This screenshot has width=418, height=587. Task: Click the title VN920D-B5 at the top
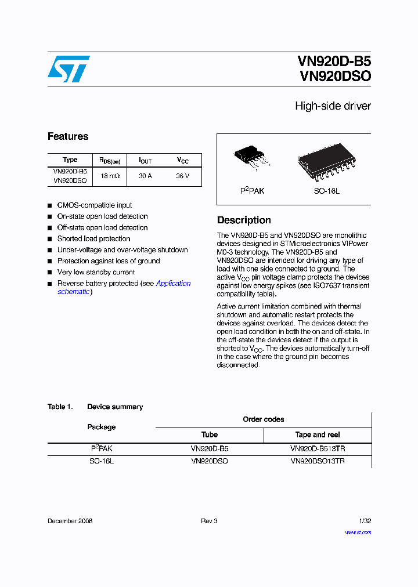tap(334, 61)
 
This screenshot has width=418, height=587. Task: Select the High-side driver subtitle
tap(333, 106)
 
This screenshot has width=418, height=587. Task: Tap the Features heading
tap(68, 136)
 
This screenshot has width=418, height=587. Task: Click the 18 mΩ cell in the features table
tap(110, 176)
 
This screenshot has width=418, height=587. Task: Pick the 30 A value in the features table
tap(145, 176)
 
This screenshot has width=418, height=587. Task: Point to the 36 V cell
tap(182, 176)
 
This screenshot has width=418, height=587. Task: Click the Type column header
tap(70, 160)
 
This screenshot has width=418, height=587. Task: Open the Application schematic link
tap(173, 284)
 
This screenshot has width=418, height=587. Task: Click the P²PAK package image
tap(252, 158)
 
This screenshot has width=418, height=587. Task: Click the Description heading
tap(244, 220)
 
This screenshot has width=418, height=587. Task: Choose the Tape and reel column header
tap(318, 434)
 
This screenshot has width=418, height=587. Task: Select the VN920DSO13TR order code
tap(318, 461)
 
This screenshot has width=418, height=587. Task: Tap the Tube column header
tap(210, 434)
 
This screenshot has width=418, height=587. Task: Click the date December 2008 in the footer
tap(70, 521)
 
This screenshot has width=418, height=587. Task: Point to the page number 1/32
tap(365, 521)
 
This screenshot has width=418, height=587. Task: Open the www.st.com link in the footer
tap(358, 532)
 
